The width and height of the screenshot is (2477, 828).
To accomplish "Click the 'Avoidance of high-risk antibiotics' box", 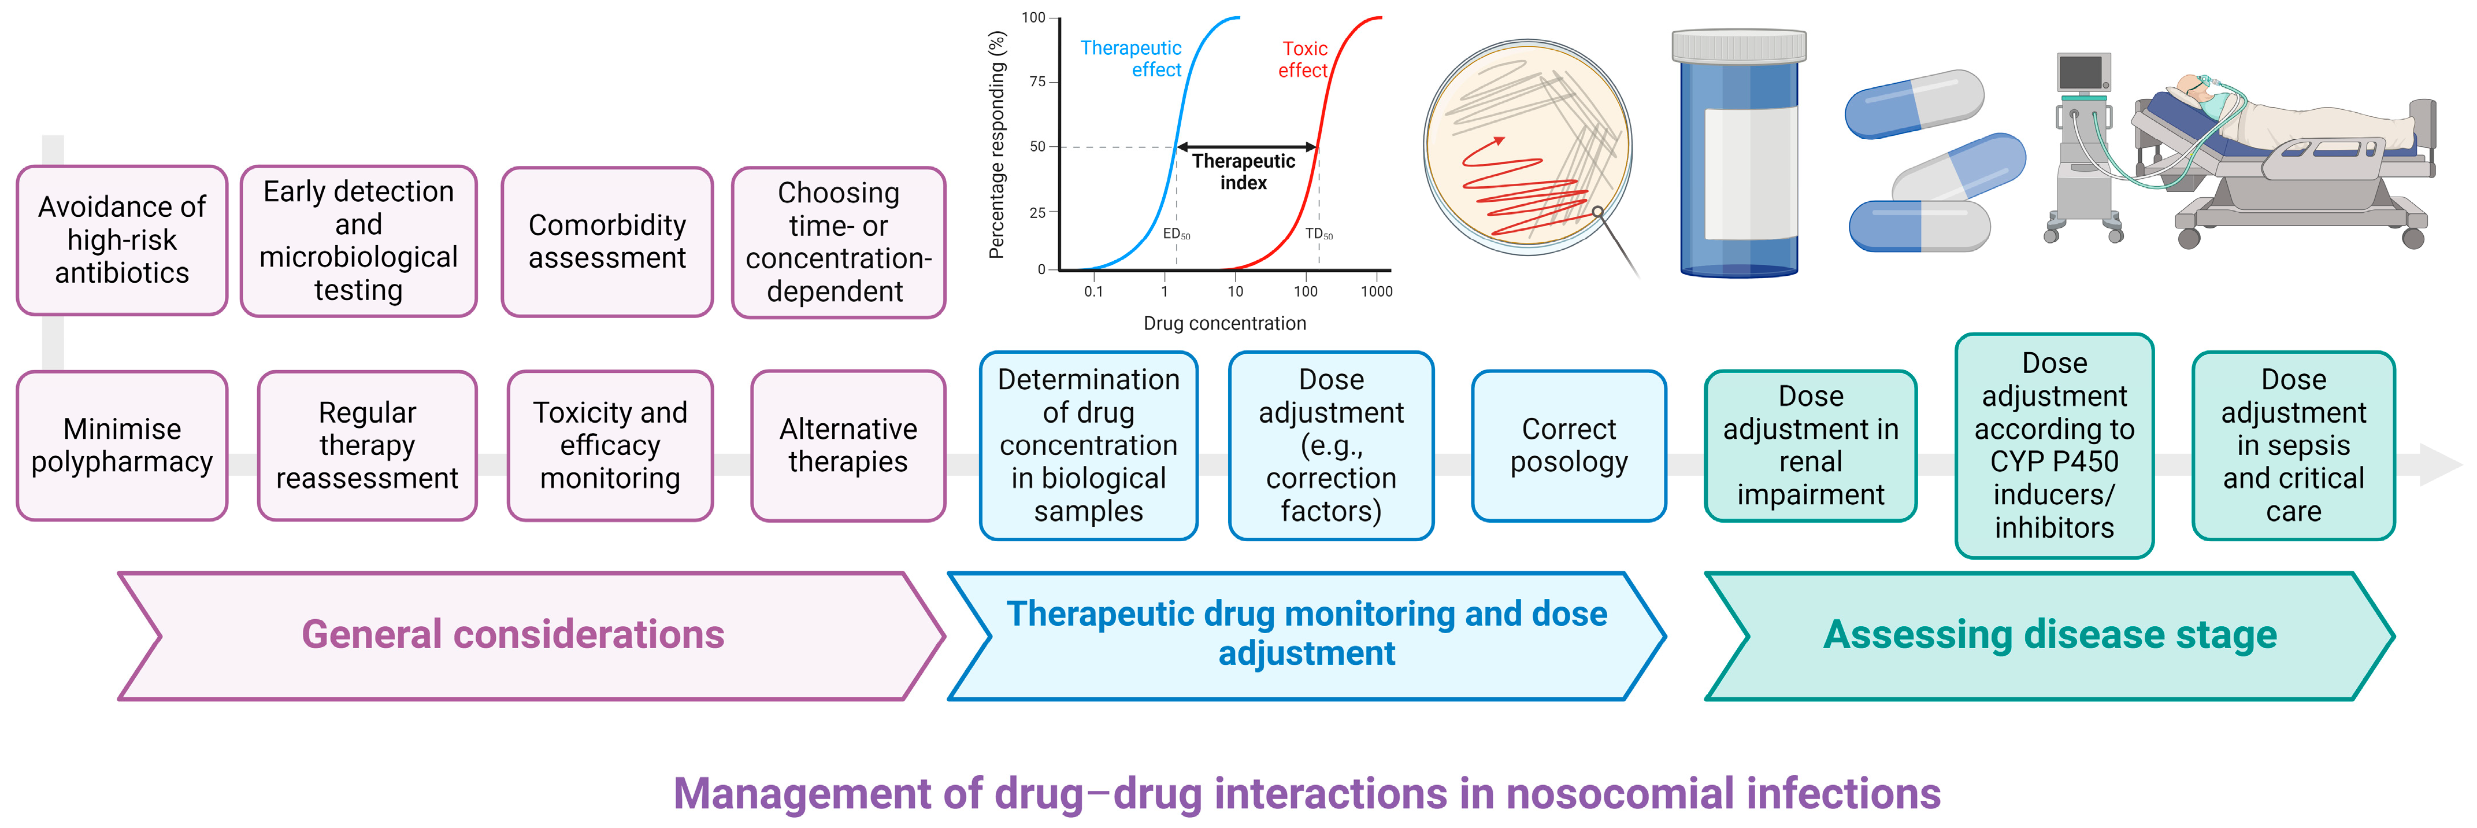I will click(x=122, y=241).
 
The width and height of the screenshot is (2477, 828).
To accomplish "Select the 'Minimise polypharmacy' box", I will click(x=122, y=445).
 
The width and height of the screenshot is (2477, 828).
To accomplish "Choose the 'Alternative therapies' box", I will click(x=848, y=445).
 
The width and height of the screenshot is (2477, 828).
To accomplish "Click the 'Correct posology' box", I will click(x=1568, y=445).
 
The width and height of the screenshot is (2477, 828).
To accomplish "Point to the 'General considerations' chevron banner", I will click(x=513, y=635).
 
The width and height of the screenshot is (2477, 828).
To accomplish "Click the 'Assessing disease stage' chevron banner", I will click(x=2049, y=635).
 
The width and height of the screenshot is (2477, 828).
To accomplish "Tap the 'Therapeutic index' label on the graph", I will click(x=1243, y=171).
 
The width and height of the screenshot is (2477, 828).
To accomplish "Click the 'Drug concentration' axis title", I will click(x=1224, y=323).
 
